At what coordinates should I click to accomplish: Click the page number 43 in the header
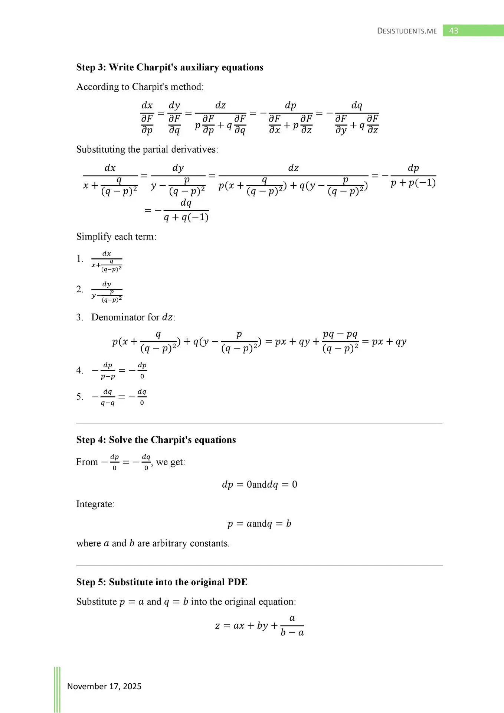point(454,31)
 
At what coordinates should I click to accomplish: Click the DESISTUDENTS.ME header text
point(407,31)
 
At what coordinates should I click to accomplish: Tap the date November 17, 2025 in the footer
point(104,686)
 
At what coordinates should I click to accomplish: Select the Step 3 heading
point(170,67)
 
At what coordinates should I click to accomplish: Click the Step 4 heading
point(156,440)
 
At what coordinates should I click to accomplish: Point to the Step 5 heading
point(162,582)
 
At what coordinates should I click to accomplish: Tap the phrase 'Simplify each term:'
point(116,237)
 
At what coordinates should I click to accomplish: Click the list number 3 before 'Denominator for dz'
point(79,317)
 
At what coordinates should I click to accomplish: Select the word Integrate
point(95,504)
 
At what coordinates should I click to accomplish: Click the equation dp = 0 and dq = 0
point(259,485)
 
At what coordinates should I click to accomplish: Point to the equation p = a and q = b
point(259,524)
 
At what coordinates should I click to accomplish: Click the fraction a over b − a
point(292,626)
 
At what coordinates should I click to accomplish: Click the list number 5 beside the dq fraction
point(79,397)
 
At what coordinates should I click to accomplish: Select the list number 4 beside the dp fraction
point(79,370)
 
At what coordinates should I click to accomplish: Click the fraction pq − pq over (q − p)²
point(340,341)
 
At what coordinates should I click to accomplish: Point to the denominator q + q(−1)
point(186,217)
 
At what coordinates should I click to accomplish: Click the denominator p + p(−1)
point(413,183)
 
